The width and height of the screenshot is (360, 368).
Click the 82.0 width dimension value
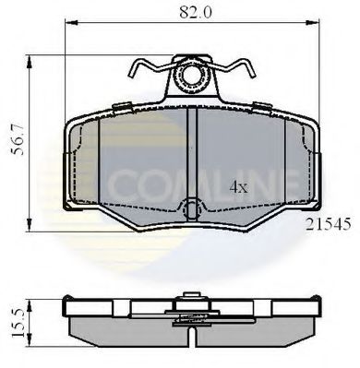[x=192, y=12]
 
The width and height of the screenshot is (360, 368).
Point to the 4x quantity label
[x=239, y=186]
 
